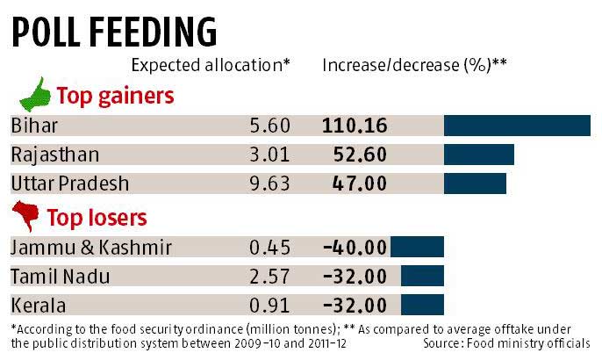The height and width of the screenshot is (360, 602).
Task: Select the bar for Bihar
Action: [x=517, y=126]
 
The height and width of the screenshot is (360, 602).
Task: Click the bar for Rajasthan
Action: [x=478, y=155]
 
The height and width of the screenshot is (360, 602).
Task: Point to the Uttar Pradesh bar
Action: [x=475, y=184]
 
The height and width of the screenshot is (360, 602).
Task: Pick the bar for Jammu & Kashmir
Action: [x=417, y=247]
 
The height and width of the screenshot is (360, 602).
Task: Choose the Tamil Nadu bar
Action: [x=422, y=277]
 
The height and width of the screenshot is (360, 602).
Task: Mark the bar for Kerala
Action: [x=422, y=306]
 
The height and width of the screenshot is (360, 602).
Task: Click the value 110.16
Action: [x=355, y=126]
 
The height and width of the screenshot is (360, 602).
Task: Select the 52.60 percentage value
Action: [x=361, y=155]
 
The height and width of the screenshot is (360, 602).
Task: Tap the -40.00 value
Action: [x=355, y=247]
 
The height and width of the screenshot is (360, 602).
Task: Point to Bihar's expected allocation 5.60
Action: [x=268, y=126]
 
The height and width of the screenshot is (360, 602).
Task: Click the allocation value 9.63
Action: [x=268, y=184]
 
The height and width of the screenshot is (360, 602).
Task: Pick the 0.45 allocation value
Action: [x=268, y=247]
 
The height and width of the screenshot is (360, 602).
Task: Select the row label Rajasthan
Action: [x=54, y=155]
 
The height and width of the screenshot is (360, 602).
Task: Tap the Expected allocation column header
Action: [x=211, y=65]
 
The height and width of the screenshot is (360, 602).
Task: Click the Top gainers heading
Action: [x=115, y=95]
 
